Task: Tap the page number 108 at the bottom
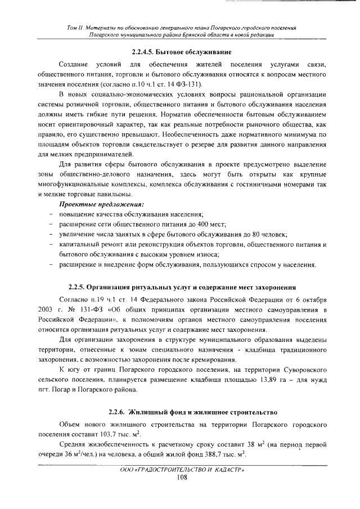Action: (181, 478)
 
